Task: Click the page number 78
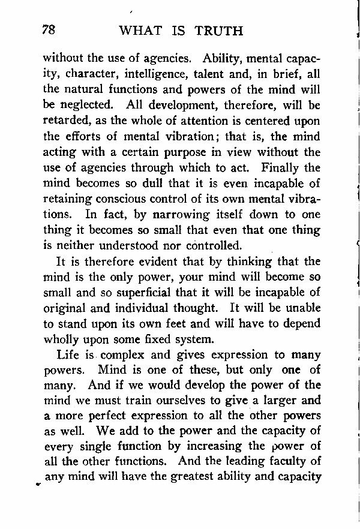pyautogui.click(x=49, y=29)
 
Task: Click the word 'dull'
pyautogui.click(x=149, y=184)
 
